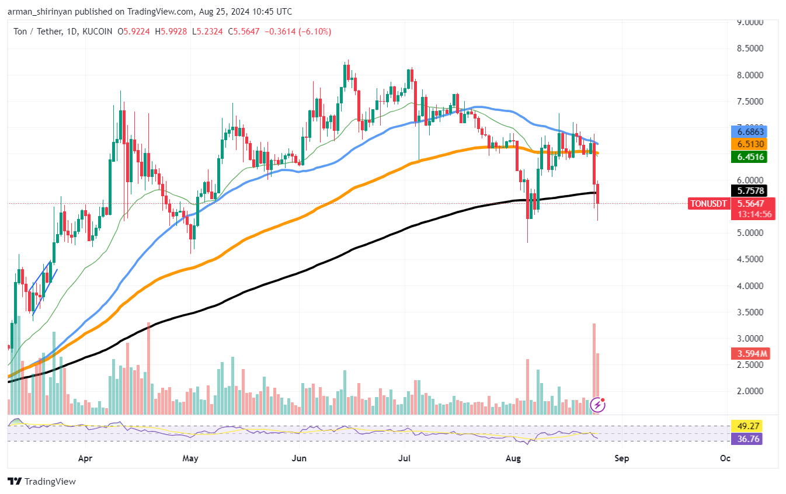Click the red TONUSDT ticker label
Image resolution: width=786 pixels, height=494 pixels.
point(708,204)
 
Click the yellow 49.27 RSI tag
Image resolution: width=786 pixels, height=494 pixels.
point(746,426)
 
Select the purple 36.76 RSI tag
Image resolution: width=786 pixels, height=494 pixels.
point(746,439)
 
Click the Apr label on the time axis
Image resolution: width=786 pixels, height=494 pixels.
point(85,458)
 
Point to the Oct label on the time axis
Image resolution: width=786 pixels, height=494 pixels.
point(725,458)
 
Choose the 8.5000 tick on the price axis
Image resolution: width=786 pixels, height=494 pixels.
point(750,49)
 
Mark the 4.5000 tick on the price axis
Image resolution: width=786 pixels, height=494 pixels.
point(750,259)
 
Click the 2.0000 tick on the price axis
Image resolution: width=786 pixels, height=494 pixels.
point(750,391)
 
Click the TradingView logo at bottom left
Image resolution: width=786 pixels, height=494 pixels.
point(41,482)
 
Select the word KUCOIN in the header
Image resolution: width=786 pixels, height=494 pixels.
point(96,32)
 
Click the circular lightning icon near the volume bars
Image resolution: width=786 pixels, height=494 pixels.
point(598,404)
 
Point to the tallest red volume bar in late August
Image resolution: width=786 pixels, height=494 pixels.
point(594,368)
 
